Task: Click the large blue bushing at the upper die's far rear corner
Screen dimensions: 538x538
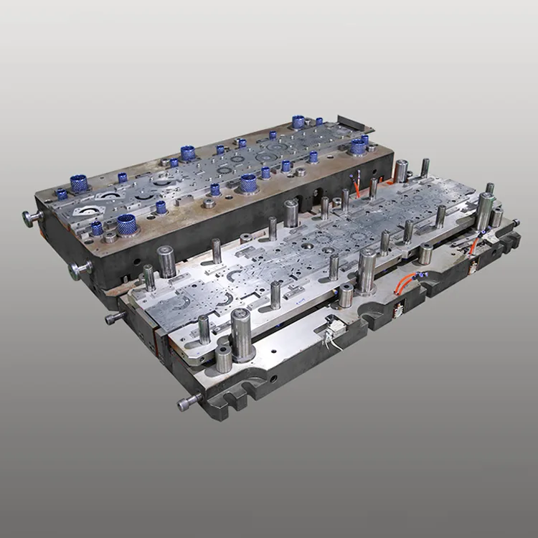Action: [x=298, y=121]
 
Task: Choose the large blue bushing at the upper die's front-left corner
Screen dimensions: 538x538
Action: [x=126, y=224]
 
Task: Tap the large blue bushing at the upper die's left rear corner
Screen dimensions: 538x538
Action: [x=78, y=183]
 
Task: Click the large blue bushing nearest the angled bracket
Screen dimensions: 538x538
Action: [x=357, y=146]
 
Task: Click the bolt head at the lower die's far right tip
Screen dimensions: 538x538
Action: [x=514, y=223]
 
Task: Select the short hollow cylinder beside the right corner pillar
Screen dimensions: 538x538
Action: [x=496, y=217]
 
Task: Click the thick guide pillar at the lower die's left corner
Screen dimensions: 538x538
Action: [x=166, y=261]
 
